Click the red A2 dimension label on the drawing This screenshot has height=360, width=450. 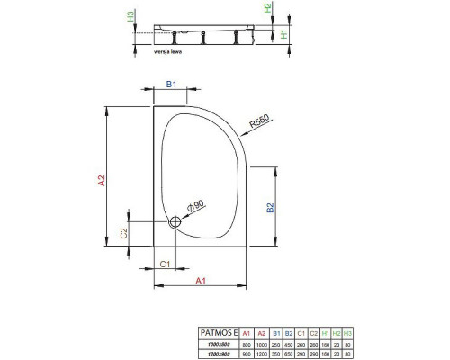tap(103, 180)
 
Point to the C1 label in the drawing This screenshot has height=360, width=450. tap(166, 263)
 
